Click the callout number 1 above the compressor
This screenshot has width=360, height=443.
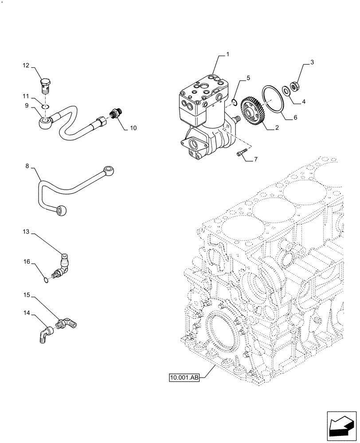pyautogui.click(x=227, y=54)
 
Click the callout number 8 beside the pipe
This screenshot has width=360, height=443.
pyautogui.click(x=27, y=167)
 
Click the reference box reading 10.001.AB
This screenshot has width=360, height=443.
pyautogui.click(x=184, y=378)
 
